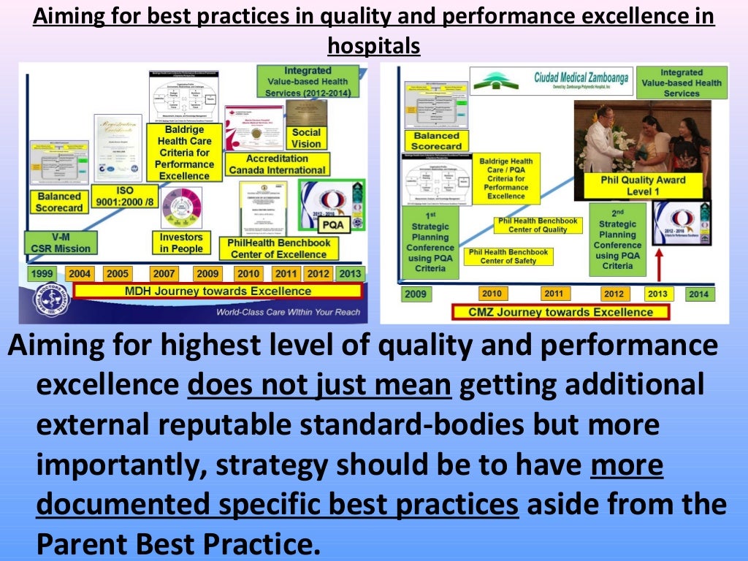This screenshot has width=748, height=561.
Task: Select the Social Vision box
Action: [x=306, y=138]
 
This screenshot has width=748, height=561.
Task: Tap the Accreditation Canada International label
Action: [x=277, y=164]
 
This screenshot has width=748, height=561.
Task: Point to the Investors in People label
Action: [x=181, y=243]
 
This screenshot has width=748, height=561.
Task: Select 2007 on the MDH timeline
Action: [x=164, y=274]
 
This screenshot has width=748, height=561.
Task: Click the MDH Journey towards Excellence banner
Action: [x=217, y=291]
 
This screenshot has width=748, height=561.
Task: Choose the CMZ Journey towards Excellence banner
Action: [x=562, y=312]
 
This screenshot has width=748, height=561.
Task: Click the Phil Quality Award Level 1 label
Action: [x=644, y=186]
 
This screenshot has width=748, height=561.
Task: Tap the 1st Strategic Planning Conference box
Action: [x=430, y=243]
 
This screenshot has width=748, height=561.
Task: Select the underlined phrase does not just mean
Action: [x=319, y=383]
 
